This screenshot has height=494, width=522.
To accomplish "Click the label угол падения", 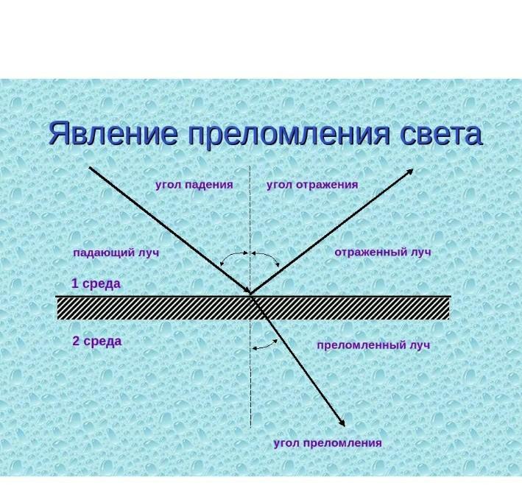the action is [194, 185].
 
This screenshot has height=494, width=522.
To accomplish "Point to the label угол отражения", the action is [312, 185].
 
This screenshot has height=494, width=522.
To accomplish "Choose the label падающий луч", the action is [116, 253].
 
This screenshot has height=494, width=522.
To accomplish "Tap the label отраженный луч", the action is [382, 252].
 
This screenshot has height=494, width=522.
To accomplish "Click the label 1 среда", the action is [96, 283].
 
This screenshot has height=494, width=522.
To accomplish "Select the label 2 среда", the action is [96, 341].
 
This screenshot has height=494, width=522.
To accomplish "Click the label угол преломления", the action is [328, 442].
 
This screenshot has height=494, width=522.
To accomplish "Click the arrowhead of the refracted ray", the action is [342, 422].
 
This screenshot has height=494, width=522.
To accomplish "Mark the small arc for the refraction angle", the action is [265, 343].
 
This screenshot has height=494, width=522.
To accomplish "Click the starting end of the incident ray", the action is [90, 167].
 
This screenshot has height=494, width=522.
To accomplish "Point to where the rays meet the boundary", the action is [250, 294].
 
